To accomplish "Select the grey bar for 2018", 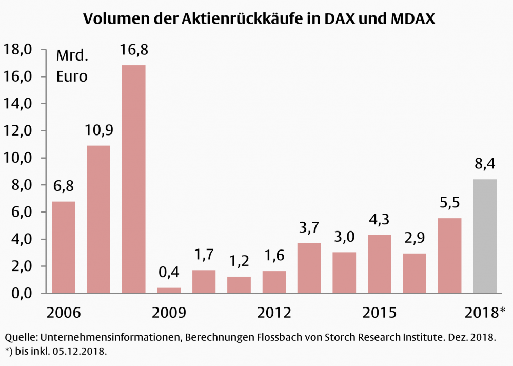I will [x=484, y=236].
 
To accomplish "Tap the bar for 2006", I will [x=64, y=247].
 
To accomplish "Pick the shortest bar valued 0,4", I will [x=169, y=290].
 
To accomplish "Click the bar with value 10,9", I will [x=98, y=219].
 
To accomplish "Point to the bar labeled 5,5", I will [x=449, y=256].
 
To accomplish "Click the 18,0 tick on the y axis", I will [x=18, y=50].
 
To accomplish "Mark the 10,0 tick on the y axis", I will [x=18, y=158].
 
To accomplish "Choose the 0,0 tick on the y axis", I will [x=18, y=294].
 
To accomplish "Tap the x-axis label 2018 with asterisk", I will [x=485, y=313].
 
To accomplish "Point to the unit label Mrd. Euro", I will [x=72, y=66].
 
